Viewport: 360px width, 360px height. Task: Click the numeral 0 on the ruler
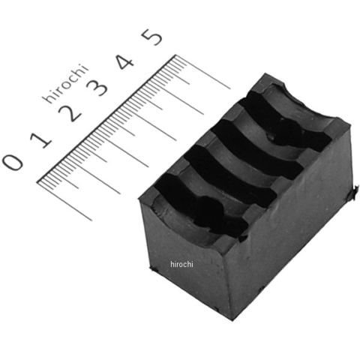13,162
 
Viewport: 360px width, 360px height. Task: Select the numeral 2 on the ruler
70,113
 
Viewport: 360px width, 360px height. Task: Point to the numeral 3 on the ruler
97,87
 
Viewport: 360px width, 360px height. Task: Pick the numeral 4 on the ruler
125,61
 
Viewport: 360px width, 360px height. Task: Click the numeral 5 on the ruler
151,37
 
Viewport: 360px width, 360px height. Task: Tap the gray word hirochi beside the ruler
66,84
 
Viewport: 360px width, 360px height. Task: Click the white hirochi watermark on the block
181,264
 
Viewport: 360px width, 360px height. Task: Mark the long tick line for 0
64,201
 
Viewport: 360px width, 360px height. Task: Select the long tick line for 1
93,175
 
